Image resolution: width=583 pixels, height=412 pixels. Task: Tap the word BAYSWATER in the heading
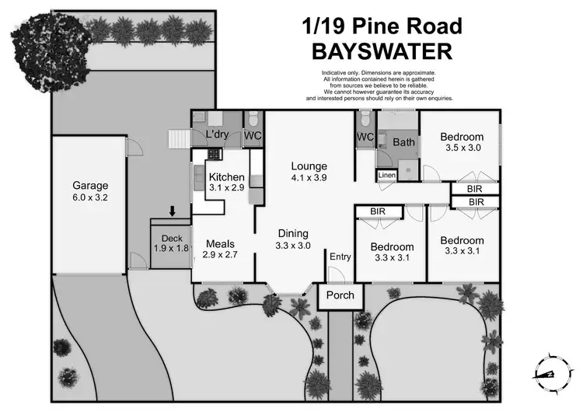pos(382,51)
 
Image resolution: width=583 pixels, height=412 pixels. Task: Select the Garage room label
pos(90,186)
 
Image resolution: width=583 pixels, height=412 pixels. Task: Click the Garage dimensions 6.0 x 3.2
pos(90,198)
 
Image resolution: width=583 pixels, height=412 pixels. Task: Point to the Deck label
pos(170,239)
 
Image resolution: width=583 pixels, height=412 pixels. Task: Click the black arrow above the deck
pos(172,211)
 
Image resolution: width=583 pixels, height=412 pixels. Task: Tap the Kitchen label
pos(227,177)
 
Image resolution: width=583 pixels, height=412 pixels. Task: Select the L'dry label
pos(217,135)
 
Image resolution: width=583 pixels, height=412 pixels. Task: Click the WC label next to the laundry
pos(253,135)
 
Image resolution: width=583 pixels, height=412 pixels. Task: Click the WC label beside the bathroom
pos(365,138)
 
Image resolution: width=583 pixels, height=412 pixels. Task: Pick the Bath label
pos(403,142)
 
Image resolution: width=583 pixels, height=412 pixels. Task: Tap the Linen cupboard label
pos(388,176)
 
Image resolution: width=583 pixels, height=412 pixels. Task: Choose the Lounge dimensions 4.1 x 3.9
pos(309,178)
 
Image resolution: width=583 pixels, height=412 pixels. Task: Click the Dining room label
pos(294,233)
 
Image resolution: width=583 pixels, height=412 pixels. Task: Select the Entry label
pos(340,257)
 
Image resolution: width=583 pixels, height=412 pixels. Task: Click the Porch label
pos(340,295)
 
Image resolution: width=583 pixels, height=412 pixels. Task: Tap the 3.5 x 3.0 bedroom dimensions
pos(463,148)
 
